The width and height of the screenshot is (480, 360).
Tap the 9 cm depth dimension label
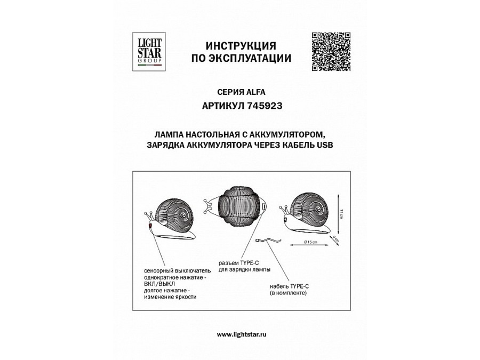pos(334,238)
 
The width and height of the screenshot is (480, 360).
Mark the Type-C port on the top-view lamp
pos(265,206)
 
